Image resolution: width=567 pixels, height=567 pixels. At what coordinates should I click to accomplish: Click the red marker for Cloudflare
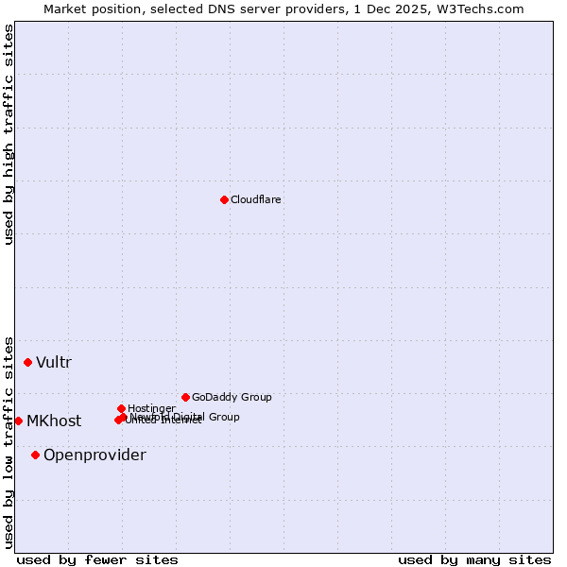coord(224,199)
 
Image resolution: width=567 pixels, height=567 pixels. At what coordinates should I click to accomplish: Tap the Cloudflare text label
coord(256,199)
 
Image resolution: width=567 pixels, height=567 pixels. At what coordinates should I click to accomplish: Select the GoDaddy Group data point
coord(185,397)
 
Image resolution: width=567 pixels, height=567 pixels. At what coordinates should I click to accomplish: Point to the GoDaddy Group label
coord(232,397)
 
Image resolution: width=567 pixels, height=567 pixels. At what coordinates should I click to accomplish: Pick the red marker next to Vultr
coord(27,362)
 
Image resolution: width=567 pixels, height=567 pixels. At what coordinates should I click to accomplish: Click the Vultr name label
coord(54,362)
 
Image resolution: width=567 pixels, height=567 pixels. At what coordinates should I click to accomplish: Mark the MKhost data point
coord(18,421)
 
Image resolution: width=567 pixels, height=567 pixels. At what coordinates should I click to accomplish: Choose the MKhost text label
coord(54,421)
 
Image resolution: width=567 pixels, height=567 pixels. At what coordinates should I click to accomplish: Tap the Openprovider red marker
coord(35,455)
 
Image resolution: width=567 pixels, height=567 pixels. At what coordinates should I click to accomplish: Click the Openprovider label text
coord(94,455)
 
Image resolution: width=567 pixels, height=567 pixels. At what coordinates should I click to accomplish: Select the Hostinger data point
coord(121,408)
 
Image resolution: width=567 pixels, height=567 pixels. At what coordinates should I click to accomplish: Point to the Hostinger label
coord(151,408)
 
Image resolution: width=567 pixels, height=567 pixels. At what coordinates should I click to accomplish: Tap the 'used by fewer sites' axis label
coord(97,559)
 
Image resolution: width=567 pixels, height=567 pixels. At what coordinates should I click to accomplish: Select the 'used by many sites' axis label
coord(474,559)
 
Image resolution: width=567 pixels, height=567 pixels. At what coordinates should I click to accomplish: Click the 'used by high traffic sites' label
coord(9,134)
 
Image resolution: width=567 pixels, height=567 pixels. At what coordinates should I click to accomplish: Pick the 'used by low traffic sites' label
coord(9,441)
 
